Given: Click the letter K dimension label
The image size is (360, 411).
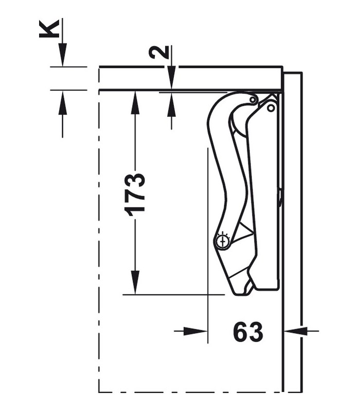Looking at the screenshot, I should (48, 29).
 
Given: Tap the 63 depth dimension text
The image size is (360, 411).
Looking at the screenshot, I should (248, 332).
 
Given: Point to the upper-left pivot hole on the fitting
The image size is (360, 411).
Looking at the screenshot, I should (253, 99).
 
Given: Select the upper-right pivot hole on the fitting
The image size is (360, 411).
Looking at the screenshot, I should (271, 108).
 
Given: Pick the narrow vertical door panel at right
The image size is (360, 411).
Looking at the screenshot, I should (293, 231).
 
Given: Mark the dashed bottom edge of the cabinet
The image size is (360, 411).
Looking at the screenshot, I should (190, 392).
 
